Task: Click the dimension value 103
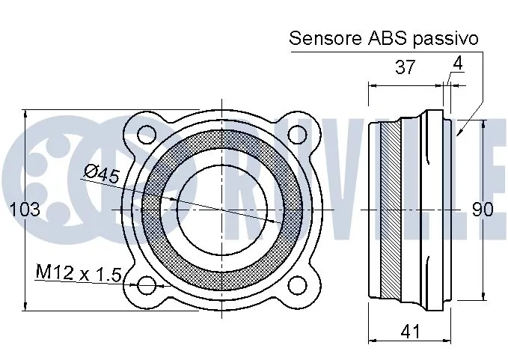coord(25,209)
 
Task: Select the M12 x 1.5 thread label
coord(79,272)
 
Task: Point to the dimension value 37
coord(405,67)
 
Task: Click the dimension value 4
coord(458,64)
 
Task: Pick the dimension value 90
coord(482,210)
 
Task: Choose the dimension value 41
coord(410,331)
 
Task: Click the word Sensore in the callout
coord(325,38)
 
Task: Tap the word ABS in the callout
coord(387,38)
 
